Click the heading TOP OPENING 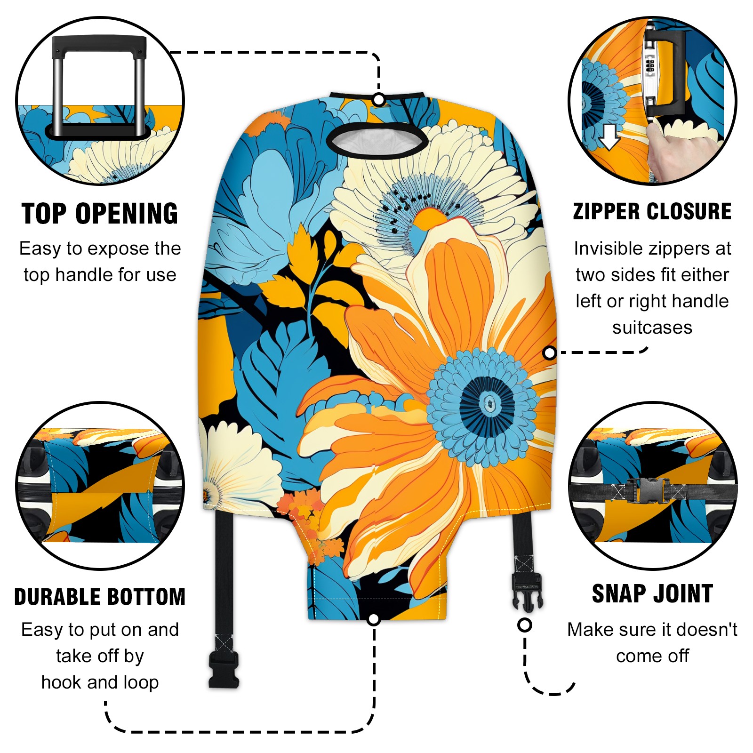click(x=100, y=214)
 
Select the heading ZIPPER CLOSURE click(x=652, y=211)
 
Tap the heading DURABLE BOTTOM click(x=100, y=597)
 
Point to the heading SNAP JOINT click(x=652, y=593)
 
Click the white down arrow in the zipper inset click(x=609, y=137)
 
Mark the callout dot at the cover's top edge click(x=379, y=100)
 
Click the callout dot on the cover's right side click(x=549, y=352)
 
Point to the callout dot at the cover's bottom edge click(x=374, y=619)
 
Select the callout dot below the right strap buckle click(x=524, y=625)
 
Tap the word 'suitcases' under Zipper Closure click(x=652, y=328)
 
